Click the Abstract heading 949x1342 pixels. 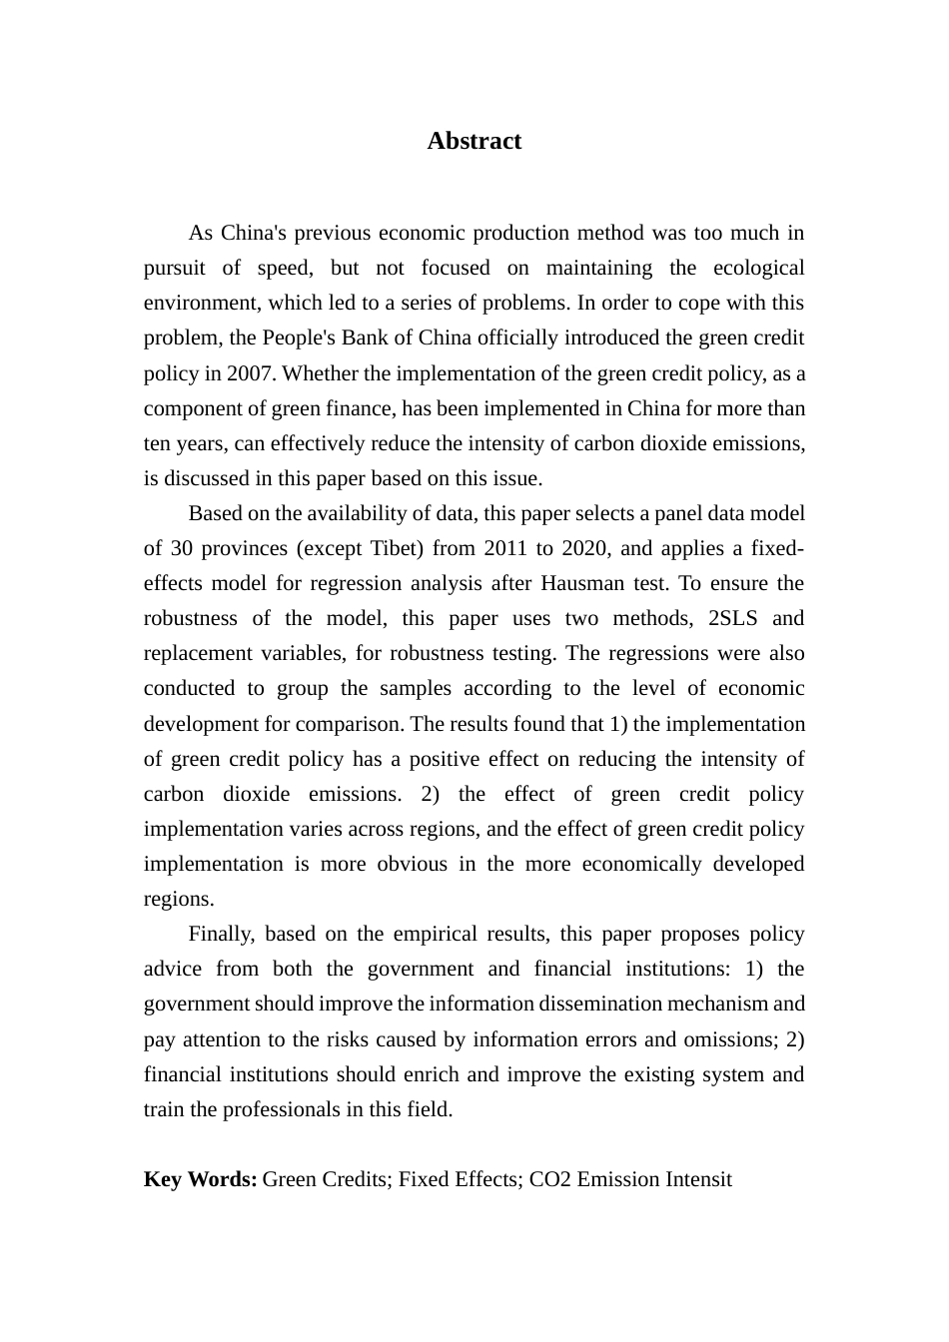pos(474,141)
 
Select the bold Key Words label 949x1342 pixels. pos(200,1179)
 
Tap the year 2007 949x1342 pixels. pos(251,373)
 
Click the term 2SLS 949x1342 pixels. pos(733,618)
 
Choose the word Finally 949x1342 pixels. pos(220,934)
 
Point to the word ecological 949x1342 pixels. pos(758,268)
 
